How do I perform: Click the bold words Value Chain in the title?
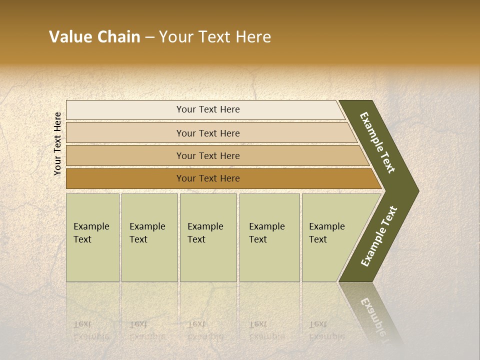pyautogui.click(x=94, y=37)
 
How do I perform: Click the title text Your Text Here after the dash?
pyautogui.click(x=215, y=37)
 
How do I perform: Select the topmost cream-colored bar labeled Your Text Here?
pyautogui.click(x=207, y=109)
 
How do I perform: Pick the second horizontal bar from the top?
pyautogui.click(x=207, y=133)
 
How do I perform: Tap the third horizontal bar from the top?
pyautogui.click(x=207, y=155)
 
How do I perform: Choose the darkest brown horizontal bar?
pyautogui.click(x=207, y=178)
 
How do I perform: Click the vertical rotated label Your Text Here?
pyautogui.click(x=57, y=144)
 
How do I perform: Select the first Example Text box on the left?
pyautogui.click(x=92, y=237)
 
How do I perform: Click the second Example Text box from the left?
pyautogui.click(x=149, y=237)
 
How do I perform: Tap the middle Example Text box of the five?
pyautogui.click(x=208, y=237)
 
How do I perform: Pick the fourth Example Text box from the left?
pyautogui.click(x=269, y=237)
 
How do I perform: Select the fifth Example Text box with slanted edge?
pyautogui.click(x=330, y=237)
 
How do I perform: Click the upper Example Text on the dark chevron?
pyautogui.click(x=377, y=142)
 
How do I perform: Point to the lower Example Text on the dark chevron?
pyautogui.click(x=379, y=236)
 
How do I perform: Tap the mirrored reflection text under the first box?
pyautogui.click(x=91, y=330)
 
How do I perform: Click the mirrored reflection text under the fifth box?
pyautogui.click(x=326, y=330)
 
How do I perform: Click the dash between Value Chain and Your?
pyautogui.click(x=149, y=37)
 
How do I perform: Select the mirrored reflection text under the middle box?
pyautogui.click(x=205, y=330)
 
